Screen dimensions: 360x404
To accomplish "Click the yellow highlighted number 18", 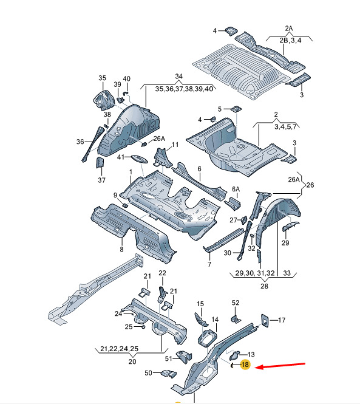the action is [x=245, y=365].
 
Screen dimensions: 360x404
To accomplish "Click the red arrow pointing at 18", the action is [x=281, y=366].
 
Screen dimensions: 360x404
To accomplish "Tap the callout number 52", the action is [x=236, y=303].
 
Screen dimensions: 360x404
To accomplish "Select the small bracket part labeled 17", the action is [x=265, y=320].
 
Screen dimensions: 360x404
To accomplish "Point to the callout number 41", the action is [x=121, y=157].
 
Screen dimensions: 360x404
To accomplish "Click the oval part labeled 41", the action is [x=139, y=159].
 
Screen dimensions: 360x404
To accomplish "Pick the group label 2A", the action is [x=289, y=29].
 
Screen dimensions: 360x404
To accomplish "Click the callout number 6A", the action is [x=236, y=189].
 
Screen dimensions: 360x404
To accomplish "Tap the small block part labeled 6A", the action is [x=233, y=203].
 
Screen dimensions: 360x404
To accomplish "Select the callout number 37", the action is [x=101, y=180].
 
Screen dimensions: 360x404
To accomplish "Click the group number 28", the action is [x=264, y=286].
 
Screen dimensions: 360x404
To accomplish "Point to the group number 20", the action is [x=132, y=361].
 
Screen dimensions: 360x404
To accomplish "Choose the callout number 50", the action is [x=148, y=373].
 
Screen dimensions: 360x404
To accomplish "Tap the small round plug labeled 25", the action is [x=143, y=327].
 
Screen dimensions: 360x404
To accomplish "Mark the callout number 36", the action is [x=80, y=142].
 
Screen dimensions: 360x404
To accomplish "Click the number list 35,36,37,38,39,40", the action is [x=184, y=89].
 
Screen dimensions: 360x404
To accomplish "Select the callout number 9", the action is [x=115, y=195].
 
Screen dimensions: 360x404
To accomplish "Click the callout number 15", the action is [x=200, y=304].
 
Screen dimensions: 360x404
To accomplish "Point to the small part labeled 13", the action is [x=234, y=355].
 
